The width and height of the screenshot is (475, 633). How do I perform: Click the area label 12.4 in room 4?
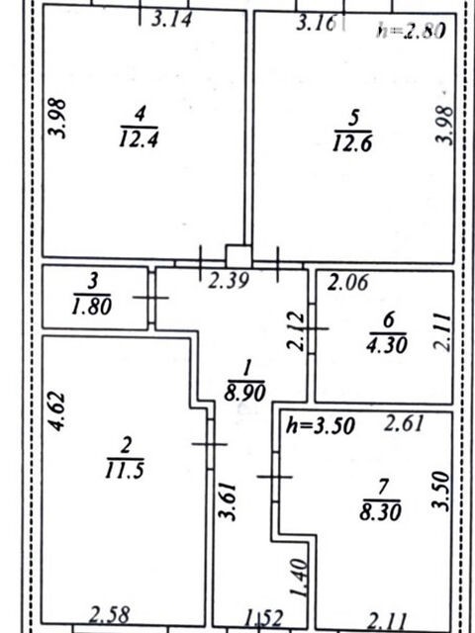point(139,139)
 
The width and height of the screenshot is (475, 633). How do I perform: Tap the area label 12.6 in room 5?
point(352,142)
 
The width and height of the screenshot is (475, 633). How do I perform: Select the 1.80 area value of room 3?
point(91,308)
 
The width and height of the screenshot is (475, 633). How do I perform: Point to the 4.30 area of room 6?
point(387,344)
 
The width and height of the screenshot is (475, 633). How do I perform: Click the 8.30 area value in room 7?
point(380,513)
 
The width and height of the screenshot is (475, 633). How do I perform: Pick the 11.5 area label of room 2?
point(124,470)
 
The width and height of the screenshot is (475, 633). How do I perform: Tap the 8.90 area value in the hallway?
point(245,393)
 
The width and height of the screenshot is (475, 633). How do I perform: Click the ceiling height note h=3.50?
point(321,426)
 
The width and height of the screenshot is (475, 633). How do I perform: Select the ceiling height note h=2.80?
point(411,31)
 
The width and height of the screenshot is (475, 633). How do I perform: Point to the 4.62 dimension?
point(56,411)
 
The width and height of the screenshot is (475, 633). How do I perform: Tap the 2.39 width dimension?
point(229,281)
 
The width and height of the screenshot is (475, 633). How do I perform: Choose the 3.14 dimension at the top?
point(171,19)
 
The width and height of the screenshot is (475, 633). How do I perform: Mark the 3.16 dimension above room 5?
point(316,24)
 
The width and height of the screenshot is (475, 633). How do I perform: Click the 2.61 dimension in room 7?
point(404,423)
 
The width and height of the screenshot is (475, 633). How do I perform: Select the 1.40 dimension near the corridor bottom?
point(299,577)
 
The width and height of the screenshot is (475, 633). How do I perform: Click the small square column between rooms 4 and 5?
point(238,256)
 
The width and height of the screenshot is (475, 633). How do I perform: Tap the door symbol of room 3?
point(151,298)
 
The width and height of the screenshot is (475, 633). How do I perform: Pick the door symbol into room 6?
point(312,328)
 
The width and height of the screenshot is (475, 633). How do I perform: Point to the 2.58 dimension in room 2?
point(110,615)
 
